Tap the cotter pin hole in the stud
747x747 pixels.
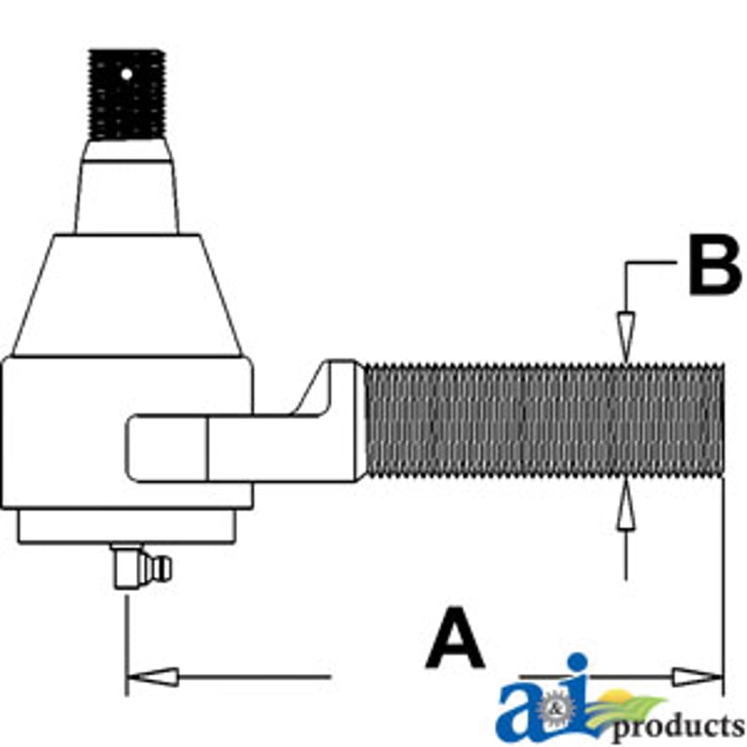pos(127,75)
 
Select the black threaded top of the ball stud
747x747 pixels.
pos(127,95)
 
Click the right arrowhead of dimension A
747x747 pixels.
pos(697,677)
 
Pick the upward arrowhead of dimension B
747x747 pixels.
pos(626,503)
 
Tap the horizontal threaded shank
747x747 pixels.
pos(544,421)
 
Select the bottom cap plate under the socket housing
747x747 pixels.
pos(127,527)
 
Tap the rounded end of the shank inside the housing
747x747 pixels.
pos(167,448)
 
